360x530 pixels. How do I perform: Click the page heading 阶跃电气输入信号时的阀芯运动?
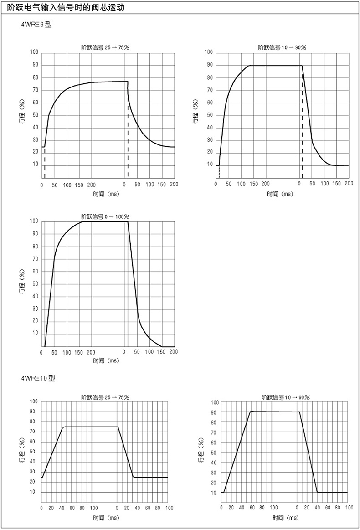(x=66, y=8)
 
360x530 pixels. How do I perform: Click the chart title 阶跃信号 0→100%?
(x=105, y=216)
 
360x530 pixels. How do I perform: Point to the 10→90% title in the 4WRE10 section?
(x=286, y=397)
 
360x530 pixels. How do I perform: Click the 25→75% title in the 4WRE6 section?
(x=105, y=47)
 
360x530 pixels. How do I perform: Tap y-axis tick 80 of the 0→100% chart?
(x=35, y=247)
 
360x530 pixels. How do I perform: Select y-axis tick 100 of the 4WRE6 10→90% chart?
(x=209, y=52)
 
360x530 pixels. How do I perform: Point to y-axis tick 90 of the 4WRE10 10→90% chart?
(x=214, y=412)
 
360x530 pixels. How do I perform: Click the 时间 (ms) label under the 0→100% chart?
(x=106, y=360)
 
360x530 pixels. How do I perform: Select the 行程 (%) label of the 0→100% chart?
(x=21, y=283)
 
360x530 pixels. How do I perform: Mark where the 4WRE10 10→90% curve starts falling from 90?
(x=299, y=412)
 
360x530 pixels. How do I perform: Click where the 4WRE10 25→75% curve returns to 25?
(x=133, y=477)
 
